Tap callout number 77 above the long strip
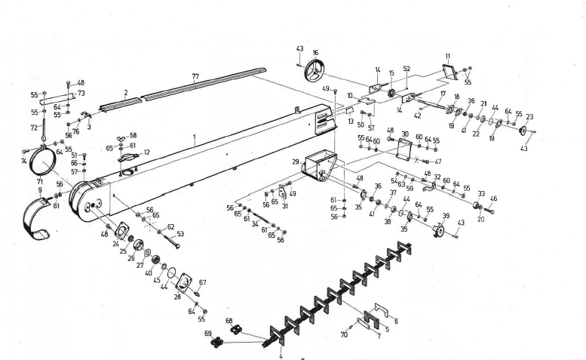tap(195, 77)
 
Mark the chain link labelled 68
tap(235, 330)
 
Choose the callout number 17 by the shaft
tap(443, 94)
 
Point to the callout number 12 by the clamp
tap(146, 152)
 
